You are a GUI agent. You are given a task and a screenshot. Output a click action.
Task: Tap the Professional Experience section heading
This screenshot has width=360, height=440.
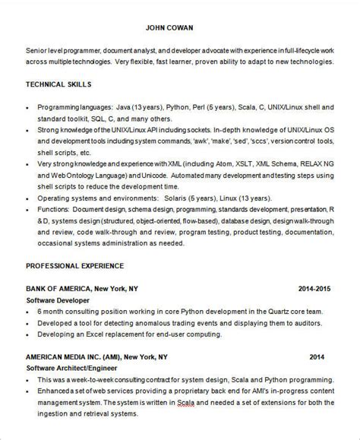(x=75, y=266)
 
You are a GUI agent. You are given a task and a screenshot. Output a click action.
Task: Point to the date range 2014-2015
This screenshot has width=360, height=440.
(x=316, y=289)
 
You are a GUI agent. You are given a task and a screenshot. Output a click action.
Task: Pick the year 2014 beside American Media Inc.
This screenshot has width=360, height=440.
(x=317, y=356)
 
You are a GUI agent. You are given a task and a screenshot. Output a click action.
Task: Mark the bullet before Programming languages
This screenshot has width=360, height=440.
(x=28, y=107)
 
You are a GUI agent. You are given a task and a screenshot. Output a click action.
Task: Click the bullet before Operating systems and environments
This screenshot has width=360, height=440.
(x=28, y=196)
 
